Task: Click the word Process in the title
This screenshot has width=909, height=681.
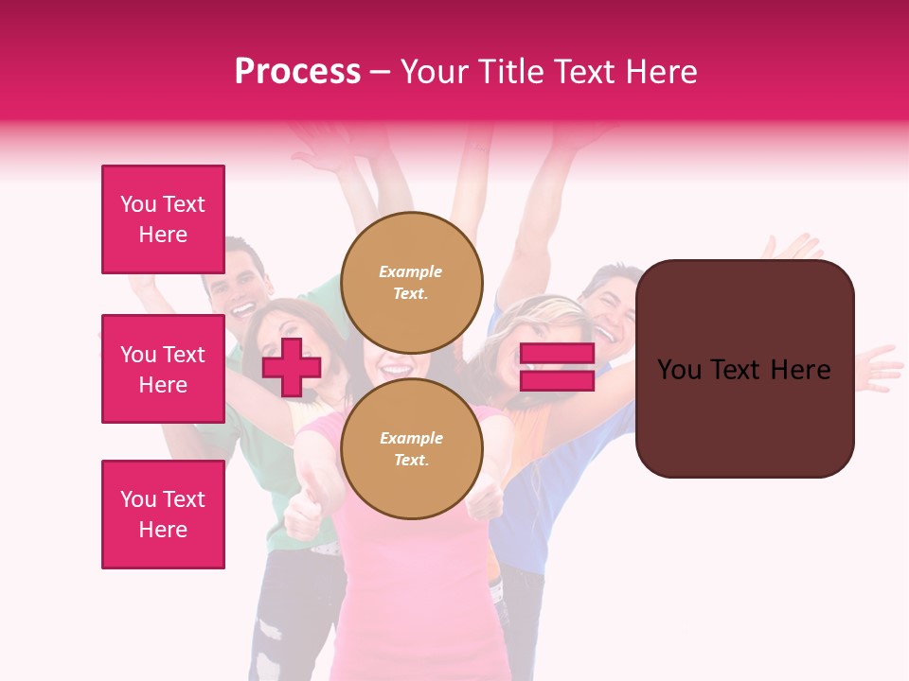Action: (297, 72)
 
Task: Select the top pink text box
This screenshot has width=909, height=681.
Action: (163, 219)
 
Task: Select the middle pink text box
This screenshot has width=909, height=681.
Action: (163, 369)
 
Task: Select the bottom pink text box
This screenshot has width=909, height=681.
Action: (163, 515)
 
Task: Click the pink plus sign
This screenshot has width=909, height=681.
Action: (292, 367)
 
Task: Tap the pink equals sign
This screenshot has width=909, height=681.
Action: (557, 368)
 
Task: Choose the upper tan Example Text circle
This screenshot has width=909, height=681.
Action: (412, 283)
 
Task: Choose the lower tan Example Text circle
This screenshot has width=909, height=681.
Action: (412, 449)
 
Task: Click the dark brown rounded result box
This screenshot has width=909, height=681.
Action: (744, 369)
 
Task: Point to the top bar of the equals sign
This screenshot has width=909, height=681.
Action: (557, 354)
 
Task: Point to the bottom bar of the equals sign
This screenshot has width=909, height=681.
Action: (557, 381)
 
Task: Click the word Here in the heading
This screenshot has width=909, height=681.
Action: (663, 72)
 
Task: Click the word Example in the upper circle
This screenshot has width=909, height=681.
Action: (411, 271)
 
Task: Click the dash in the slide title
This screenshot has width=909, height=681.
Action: (381, 72)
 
